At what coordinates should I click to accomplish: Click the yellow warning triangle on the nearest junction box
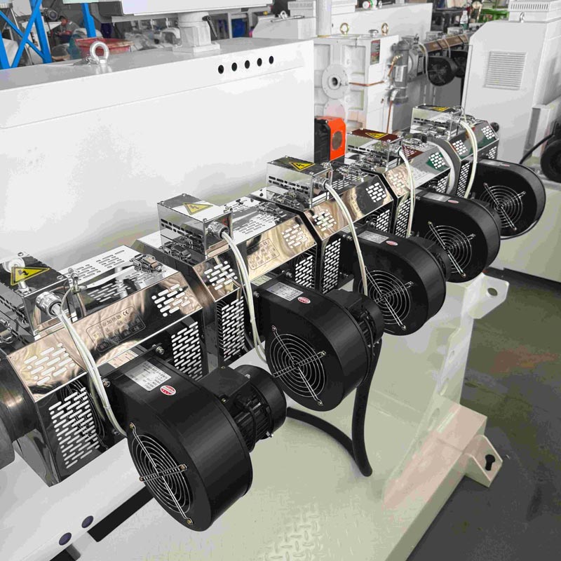tap(28, 274)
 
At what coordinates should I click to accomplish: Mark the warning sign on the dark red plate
tap(377, 134)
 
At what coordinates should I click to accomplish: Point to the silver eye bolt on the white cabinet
tap(99, 50)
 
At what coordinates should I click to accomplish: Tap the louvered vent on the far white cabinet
tap(504, 69)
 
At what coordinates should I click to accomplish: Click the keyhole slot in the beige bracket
tap(488, 461)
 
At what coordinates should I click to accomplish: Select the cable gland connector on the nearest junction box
tap(49, 303)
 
